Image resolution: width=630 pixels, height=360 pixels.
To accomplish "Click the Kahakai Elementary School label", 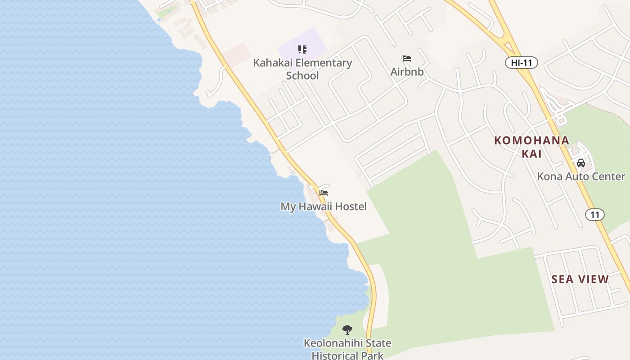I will point(302,69).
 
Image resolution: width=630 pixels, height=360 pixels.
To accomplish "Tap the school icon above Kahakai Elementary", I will point(302,49).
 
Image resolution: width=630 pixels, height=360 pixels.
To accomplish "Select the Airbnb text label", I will point(407,72).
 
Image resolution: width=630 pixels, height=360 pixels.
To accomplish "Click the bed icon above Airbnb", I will point(407,58).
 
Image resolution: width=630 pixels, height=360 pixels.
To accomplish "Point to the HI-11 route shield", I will point(521,63).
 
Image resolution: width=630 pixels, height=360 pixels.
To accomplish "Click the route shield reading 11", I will point(595,215).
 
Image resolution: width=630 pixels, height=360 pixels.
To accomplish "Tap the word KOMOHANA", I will point(531,140).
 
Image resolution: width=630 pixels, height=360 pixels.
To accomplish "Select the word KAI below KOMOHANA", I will point(531,154).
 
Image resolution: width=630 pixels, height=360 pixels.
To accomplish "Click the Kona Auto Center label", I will point(581,176).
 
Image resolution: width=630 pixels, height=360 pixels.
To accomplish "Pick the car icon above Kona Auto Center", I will point(581,163).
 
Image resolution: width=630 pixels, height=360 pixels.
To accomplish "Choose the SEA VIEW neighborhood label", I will point(580,279).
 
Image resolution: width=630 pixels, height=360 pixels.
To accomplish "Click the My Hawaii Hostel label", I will point(324,207).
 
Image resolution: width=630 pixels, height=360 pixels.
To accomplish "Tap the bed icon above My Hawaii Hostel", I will point(324,193).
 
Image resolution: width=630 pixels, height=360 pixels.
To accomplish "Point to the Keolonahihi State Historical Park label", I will point(347,349).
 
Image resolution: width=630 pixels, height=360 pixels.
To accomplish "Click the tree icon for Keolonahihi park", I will point(347,330).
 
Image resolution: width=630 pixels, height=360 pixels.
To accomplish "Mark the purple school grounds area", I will point(315,40).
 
